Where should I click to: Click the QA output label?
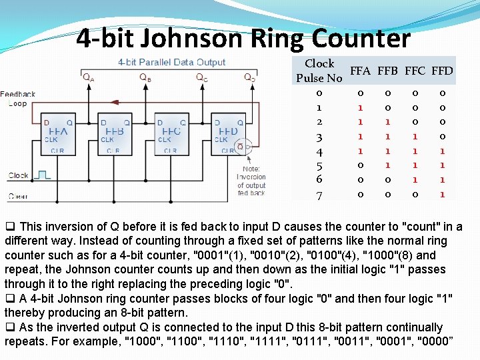[x=88, y=77]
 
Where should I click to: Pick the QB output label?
[x=145, y=77]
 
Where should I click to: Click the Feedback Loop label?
[x=18, y=99]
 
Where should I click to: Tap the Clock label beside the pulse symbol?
[x=18, y=176]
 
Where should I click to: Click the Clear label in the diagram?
[x=18, y=196]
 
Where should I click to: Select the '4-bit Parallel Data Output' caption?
[x=171, y=62]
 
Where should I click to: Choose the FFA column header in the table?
[x=361, y=71]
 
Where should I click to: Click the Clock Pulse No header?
[x=319, y=71]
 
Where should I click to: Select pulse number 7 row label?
[x=319, y=195]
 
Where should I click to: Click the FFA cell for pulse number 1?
[x=361, y=107]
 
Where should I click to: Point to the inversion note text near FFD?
[x=251, y=181]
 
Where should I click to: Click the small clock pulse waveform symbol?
[x=43, y=175]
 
